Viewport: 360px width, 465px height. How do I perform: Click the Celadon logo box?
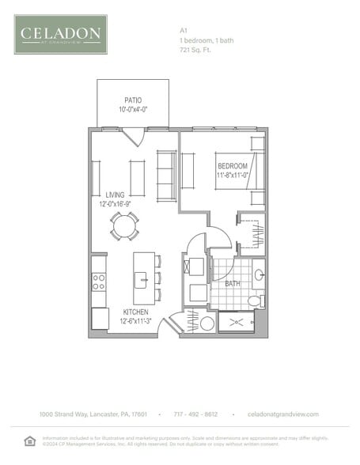point(60,34)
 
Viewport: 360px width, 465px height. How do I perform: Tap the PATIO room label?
point(132,100)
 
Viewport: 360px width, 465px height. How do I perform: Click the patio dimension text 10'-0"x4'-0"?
point(132,110)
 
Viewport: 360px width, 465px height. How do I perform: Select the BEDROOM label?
point(233,166)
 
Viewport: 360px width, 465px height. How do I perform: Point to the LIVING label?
point(115,195)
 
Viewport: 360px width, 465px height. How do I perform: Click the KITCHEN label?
point(136,312)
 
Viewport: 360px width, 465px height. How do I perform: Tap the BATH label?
point(233,283)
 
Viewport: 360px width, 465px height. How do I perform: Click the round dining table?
point(124,226)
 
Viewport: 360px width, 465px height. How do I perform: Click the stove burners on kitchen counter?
point(99,280)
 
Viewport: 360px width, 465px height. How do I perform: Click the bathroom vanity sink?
point(259,275)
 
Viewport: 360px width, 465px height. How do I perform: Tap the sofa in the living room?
point(166,176)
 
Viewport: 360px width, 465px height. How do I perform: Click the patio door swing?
point(131,137)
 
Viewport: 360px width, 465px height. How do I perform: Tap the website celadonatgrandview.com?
point(282,414)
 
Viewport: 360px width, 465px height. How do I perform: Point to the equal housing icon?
point(30,440)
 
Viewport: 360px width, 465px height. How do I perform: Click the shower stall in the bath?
point(237,323)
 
